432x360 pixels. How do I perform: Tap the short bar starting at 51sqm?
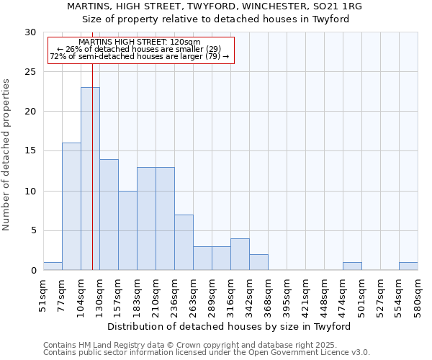pos(53,266)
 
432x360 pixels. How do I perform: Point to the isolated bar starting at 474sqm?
pos(352,266)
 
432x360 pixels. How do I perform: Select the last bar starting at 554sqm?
pos(408,266)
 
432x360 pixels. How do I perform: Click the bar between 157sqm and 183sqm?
pos(127,230)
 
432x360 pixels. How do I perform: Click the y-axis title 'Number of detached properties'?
pos(6,155)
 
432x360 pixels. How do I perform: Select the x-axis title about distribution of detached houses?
pos(230,326)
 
